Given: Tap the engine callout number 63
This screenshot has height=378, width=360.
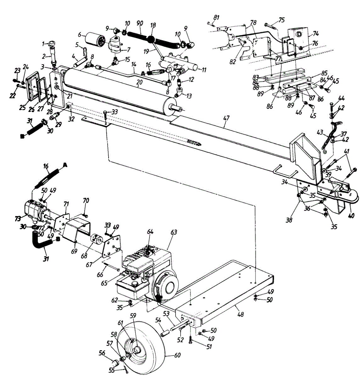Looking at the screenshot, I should pos(174,232).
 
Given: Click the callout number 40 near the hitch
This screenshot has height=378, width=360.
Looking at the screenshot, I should pos(352,216).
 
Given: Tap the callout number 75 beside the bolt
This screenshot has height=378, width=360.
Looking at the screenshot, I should pos(281,20).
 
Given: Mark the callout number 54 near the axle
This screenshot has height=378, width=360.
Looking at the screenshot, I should pos(158,320).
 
